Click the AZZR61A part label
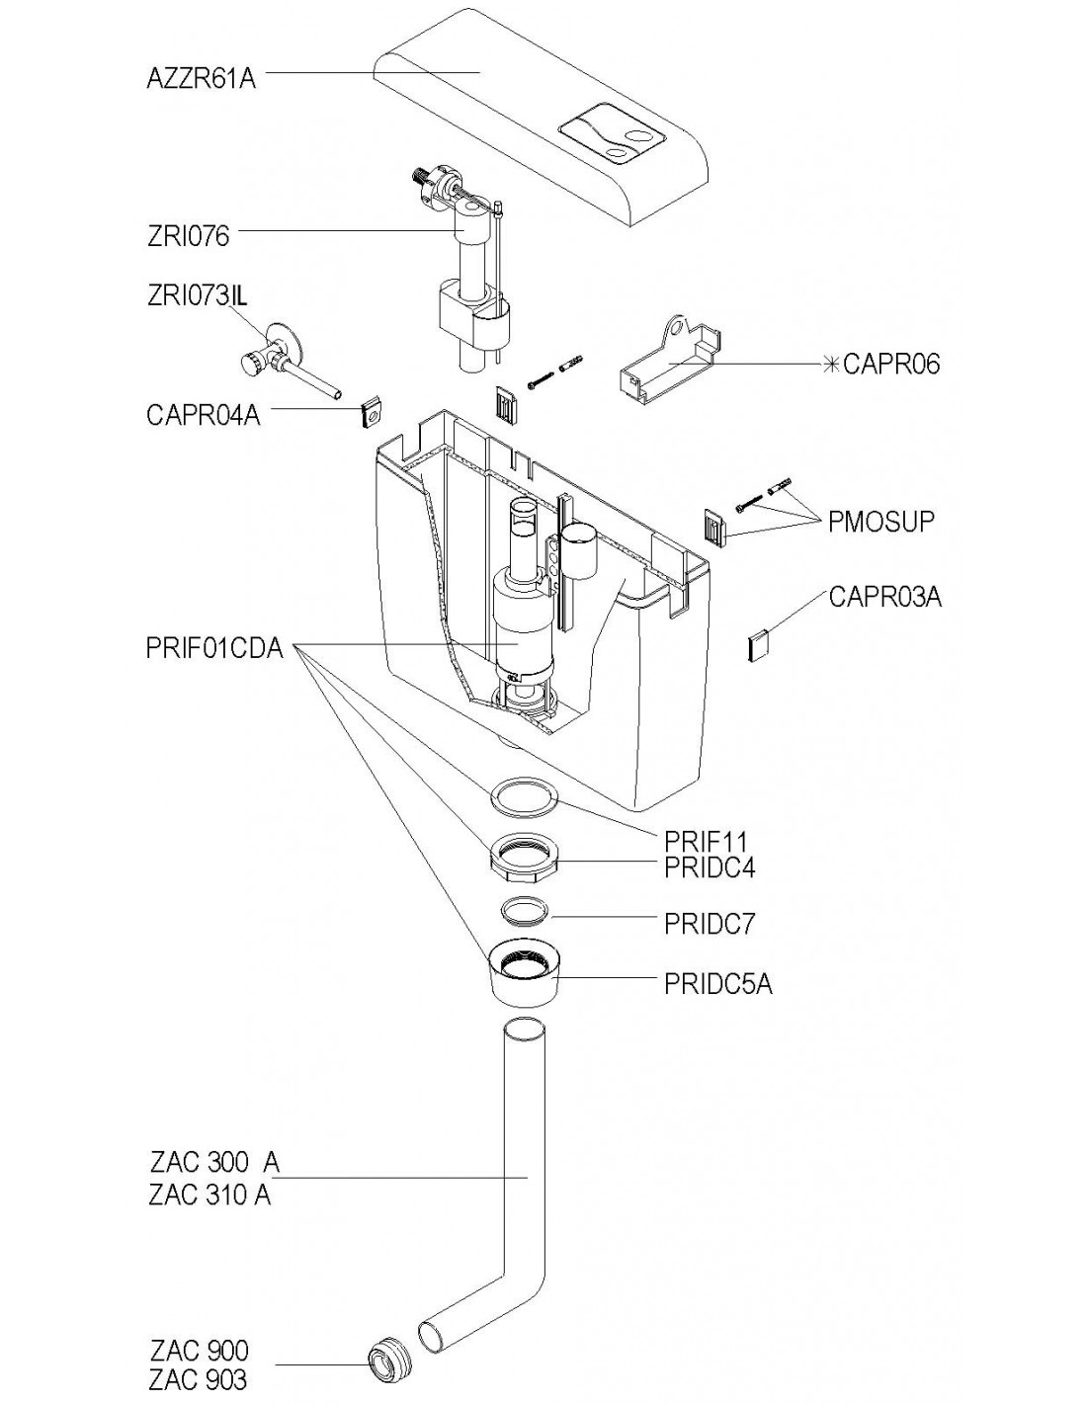202,79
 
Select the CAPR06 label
891,364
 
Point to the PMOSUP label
880,522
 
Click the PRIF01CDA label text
214,648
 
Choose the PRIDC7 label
710,924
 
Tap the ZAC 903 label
198,1379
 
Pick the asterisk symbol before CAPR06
832,365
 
